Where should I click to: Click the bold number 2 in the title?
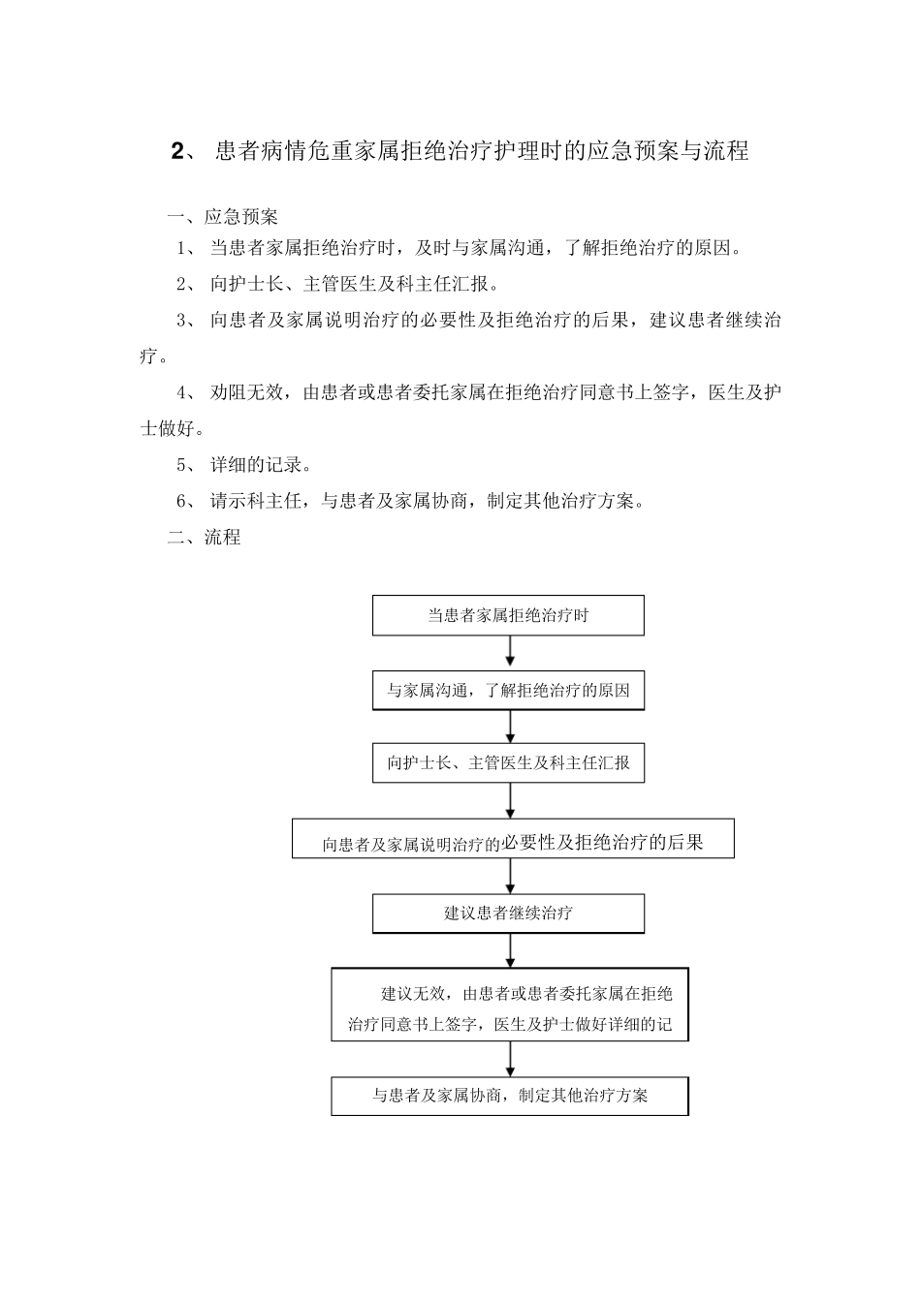176,151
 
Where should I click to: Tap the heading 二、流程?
204,537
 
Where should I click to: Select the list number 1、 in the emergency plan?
187,248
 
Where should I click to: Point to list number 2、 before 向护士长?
187,284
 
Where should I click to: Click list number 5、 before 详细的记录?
187,464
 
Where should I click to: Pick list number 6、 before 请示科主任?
187,501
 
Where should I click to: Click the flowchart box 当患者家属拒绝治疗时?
508,615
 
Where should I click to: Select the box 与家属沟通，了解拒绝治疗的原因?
508,691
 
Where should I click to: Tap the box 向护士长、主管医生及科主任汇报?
508,762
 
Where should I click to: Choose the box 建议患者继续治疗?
508,913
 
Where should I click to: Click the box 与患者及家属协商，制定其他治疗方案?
509,1096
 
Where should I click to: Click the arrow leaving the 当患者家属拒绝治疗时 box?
510,652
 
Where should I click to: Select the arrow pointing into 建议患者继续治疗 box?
510,876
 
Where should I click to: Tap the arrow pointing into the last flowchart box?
510,1059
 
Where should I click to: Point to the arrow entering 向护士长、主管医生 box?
510,727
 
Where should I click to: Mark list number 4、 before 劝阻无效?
187,392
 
